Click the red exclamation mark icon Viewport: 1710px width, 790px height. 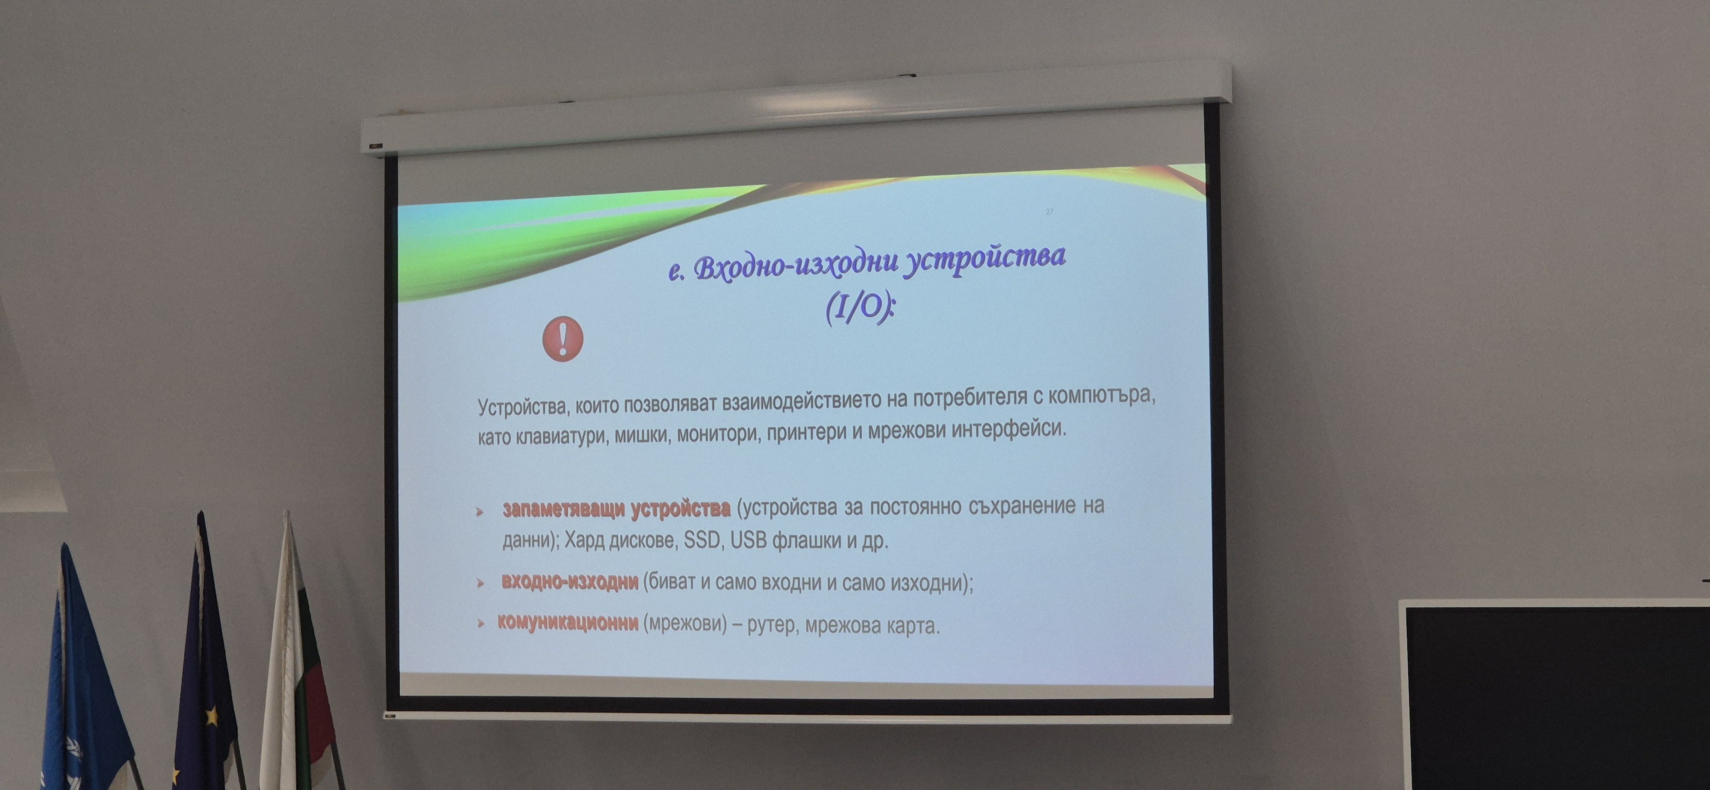coord(563,339)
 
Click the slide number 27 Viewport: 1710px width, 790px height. coord(1050,212)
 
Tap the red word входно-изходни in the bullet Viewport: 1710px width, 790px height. coord(569,582)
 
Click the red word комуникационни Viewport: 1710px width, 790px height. coord(568,623)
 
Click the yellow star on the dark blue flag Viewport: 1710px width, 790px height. coord(212,716)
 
